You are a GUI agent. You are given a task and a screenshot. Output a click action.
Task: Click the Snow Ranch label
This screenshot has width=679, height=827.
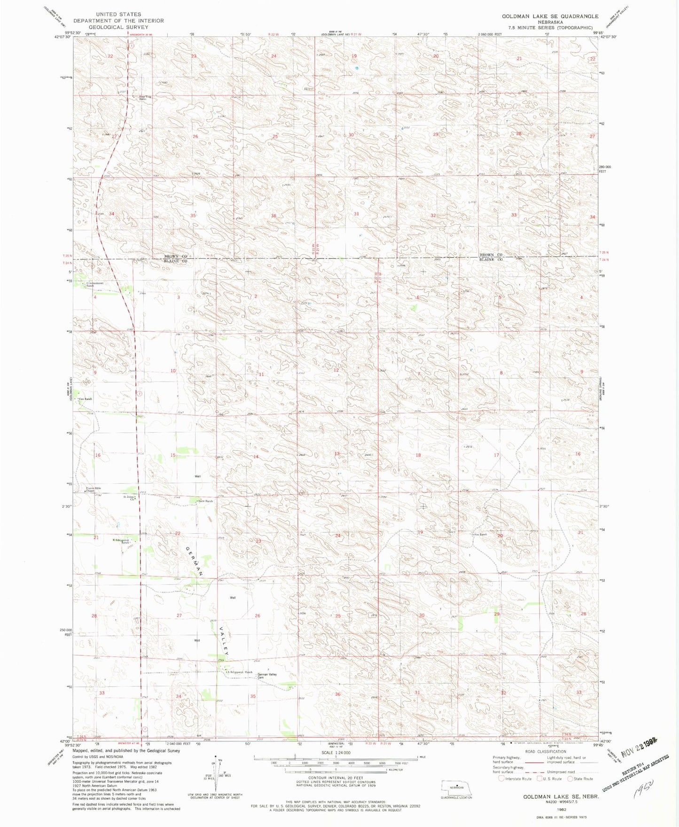(206, 501)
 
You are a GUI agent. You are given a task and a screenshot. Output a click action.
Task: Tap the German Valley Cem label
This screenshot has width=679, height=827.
(267, 676)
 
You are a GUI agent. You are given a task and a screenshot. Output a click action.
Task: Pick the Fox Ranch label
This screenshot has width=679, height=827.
(480, 534)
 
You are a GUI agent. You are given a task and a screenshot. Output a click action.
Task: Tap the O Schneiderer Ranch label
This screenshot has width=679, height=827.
(94, 284)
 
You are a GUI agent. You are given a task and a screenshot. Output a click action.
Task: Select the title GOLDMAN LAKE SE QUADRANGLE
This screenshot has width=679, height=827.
(550, 16)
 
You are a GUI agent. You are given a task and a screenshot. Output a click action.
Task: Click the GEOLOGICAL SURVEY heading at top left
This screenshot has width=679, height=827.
(118, 27)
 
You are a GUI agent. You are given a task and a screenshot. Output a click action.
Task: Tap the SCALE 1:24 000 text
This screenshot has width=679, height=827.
(336, 752)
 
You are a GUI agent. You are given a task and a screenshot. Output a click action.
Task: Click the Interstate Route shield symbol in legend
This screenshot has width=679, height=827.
(501, 779)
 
